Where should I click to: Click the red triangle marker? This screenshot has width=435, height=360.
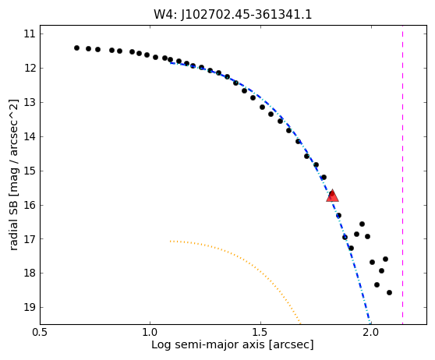click(x=332, y=196)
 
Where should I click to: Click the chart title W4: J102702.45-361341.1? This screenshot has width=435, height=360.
click(x=233, y=15)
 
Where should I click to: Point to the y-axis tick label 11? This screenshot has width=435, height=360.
click(x=30, y=34)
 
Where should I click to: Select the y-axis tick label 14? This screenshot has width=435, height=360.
click(x=30, y=136)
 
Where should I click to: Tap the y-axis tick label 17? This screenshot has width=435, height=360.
click(x=30, y=239)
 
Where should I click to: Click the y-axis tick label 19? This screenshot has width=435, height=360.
click(x=30, y=308)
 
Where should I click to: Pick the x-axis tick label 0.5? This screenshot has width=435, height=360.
click(x=40, y=332)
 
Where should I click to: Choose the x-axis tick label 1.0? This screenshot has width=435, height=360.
click(x=150, y=332)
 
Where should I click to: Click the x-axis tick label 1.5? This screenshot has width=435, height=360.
click(x=260, y=332)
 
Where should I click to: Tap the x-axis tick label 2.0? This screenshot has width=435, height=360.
click(x=371, y=332)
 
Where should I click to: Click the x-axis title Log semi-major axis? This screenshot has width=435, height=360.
click(x=209, y=344)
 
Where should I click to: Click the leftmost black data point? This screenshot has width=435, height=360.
click(x=77, y=48)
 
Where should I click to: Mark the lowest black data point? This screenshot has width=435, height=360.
click(x=389, y=292)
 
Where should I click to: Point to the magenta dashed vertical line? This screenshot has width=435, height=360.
click(x=402, y=175)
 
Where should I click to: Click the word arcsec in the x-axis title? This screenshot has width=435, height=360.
click(x=292, y=344)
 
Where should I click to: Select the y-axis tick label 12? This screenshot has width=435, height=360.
click(x=30, y=69)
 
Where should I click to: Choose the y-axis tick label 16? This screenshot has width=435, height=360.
click(x=30, y=205)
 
